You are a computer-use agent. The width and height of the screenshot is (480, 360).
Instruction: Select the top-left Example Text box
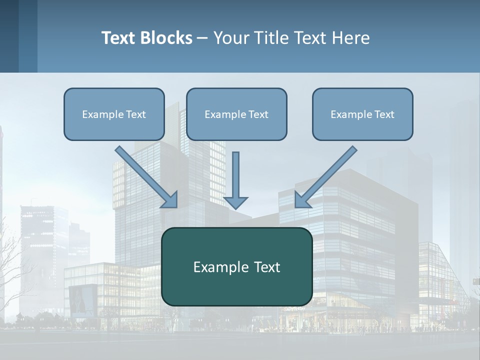tap(114, 114)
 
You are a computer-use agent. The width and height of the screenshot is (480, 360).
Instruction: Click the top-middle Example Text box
tap(236, 114)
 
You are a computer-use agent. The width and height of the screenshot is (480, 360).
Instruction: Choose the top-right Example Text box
tap(362, 114)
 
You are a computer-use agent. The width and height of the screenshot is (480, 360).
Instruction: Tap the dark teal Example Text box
tap(236, 266)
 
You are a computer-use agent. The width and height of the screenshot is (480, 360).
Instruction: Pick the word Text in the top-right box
tap(384, 114)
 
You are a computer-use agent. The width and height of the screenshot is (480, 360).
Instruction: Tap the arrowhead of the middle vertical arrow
tap(235, 202)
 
